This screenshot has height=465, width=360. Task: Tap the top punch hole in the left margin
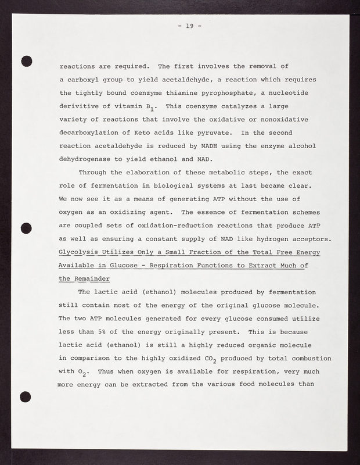(x=26, y=60)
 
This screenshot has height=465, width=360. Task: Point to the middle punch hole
(x=26, y=228)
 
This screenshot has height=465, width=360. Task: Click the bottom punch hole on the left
(x=26, y=396)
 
